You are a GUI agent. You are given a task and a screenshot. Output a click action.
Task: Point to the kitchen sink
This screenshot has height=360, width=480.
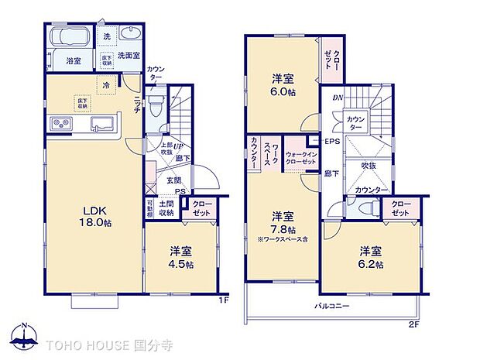pos(101,124)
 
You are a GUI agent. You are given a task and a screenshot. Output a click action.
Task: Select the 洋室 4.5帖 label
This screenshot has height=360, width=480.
pos(181,255)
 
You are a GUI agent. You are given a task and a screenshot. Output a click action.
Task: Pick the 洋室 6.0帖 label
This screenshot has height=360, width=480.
pos(283,84)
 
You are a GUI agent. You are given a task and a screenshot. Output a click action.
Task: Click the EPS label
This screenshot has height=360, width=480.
pos(331,142)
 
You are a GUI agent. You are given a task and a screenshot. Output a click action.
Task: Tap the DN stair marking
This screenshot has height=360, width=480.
pos(337,98)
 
